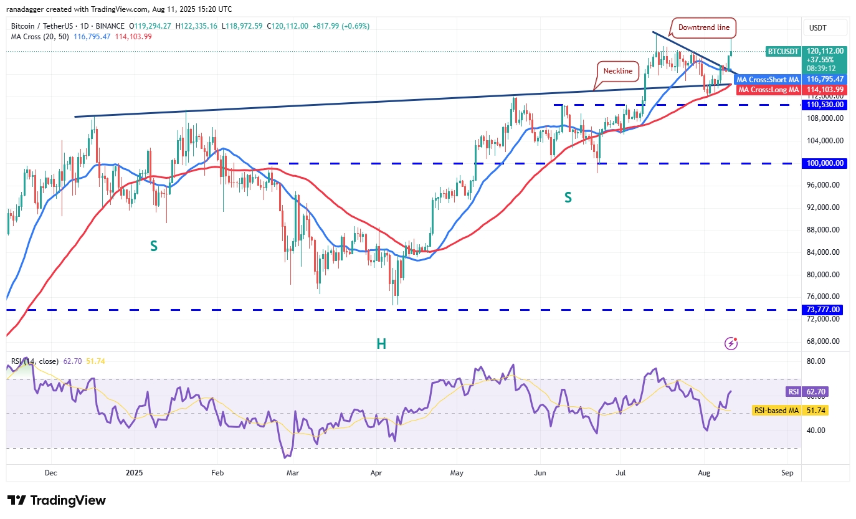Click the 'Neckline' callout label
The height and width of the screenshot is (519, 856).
[x=616, y=71]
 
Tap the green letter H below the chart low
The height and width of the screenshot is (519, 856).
[x=381, y=343]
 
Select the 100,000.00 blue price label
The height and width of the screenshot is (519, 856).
[x=823, y=163]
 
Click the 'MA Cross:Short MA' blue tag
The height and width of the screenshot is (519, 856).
[x=768, y=80]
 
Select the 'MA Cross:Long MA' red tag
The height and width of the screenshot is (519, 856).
[x=768, y=90]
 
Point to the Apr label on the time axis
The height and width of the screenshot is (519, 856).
[x=376, y=473]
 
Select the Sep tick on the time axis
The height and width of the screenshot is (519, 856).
[x=787, y=473]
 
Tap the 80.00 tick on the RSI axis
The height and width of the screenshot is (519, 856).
[x=815, y=361]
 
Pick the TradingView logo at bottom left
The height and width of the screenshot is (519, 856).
[x=57, y=500]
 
